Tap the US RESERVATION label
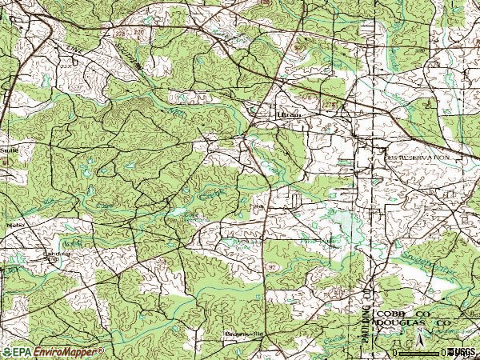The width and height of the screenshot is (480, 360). (x=418, y=158)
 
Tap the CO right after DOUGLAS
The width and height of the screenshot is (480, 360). (x=442, y=324)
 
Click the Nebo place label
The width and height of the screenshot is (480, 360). (x=11, y=225)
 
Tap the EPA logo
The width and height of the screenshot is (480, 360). (x=15, y=352)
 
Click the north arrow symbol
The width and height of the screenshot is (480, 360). (x=420, y=345)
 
